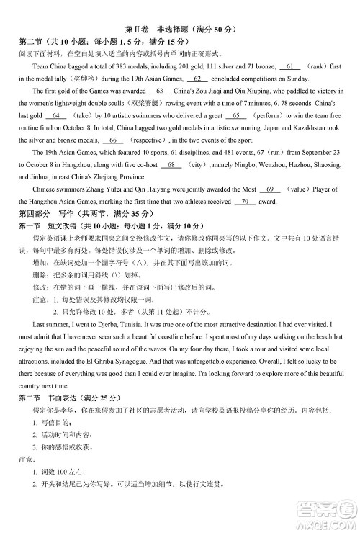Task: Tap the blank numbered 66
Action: [112, 140]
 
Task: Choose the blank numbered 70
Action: [245, 202]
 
